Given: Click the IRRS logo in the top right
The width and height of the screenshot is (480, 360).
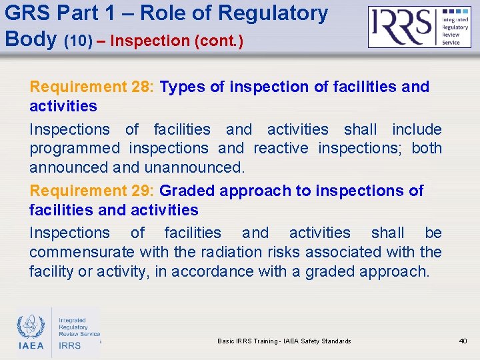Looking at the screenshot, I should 419,27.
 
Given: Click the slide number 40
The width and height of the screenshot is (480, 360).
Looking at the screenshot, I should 463,341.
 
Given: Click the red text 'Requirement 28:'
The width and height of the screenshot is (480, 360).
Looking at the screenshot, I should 92,87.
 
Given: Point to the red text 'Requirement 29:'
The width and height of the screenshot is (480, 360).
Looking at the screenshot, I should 92,191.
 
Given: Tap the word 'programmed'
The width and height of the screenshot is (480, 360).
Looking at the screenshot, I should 75,148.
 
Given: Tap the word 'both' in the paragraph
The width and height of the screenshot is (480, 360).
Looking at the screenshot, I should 427,148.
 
